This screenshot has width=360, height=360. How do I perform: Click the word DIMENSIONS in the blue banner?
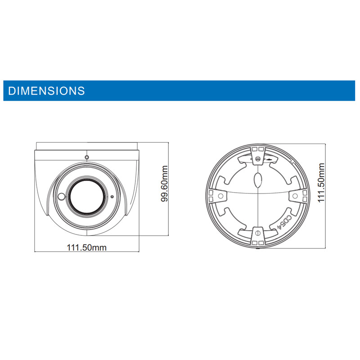click(x=46, y=91)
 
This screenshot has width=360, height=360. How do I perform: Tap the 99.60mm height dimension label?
click(x=165, y=184)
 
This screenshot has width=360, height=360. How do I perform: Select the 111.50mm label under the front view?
click(x=86, y=247)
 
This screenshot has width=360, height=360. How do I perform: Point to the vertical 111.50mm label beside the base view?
click(x=321, y=183)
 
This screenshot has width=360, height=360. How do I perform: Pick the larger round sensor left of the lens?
click(x=61, y=197)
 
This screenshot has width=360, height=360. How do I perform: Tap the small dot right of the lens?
click(x=112, y=197)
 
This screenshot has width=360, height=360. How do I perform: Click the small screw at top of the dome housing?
click(x=87, y=157)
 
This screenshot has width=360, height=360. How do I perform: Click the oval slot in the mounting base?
click(x=258, y=180)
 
